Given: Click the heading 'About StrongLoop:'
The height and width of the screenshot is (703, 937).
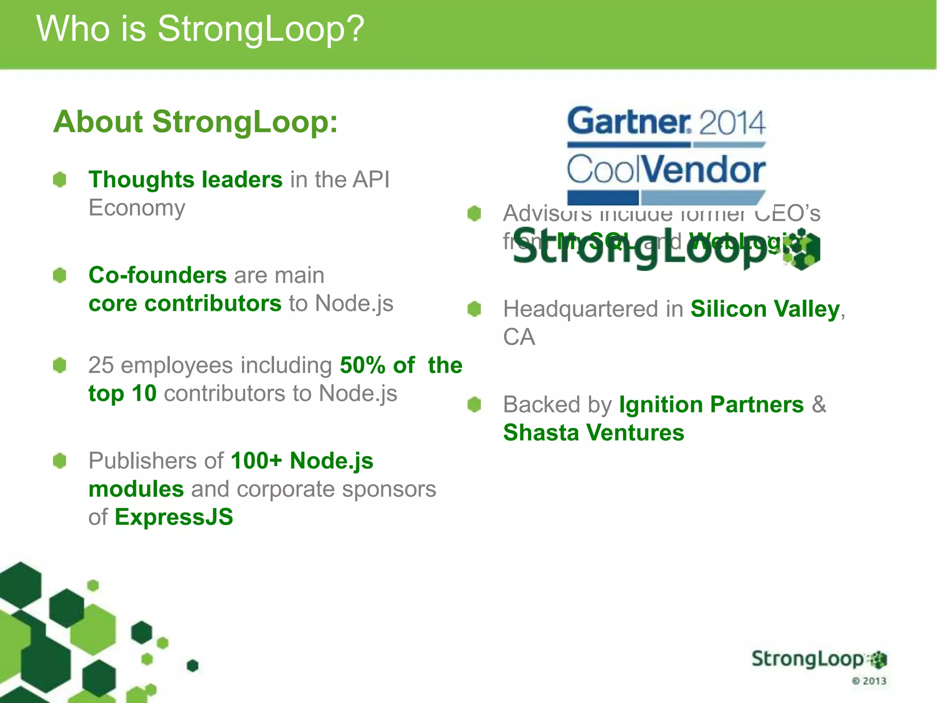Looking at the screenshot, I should [x=195, y=122].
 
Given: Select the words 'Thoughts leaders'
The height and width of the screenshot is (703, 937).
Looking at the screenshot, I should [x=185, y=179].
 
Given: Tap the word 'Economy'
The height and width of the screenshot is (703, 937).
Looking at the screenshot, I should [x=137, y=208].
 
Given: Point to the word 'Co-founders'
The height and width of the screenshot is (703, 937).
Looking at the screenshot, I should [x=157, y=275].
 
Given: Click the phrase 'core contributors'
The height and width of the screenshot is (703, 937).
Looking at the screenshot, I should [x=185, y=303].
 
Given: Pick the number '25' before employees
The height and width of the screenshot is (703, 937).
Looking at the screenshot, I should [x=101, y=365].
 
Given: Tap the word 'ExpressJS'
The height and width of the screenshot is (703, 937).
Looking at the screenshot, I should [x=174, y=517].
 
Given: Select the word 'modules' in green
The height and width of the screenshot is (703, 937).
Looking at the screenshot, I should [x=136, y=489].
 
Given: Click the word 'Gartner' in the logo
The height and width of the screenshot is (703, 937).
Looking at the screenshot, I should [x=629, y=121].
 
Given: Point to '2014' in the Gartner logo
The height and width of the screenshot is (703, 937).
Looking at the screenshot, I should [x=732, y=123].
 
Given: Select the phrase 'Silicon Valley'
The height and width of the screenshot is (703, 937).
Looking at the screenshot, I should [x=765, y=309].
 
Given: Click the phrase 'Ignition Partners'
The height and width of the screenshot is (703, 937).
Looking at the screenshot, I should [x=711, y=405].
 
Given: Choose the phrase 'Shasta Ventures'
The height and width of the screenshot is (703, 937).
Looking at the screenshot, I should [x=593, y=433].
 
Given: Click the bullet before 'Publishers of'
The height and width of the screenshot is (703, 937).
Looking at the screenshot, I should [x=60, y=461].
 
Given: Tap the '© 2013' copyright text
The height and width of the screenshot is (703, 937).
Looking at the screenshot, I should [x=869, y=681].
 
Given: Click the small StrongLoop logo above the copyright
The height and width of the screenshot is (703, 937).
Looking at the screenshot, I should [x=819, y=660].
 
